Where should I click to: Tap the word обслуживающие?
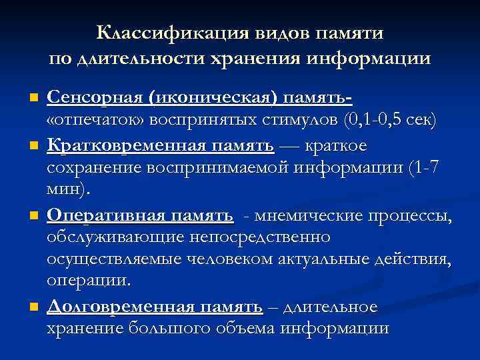pos(117,237)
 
